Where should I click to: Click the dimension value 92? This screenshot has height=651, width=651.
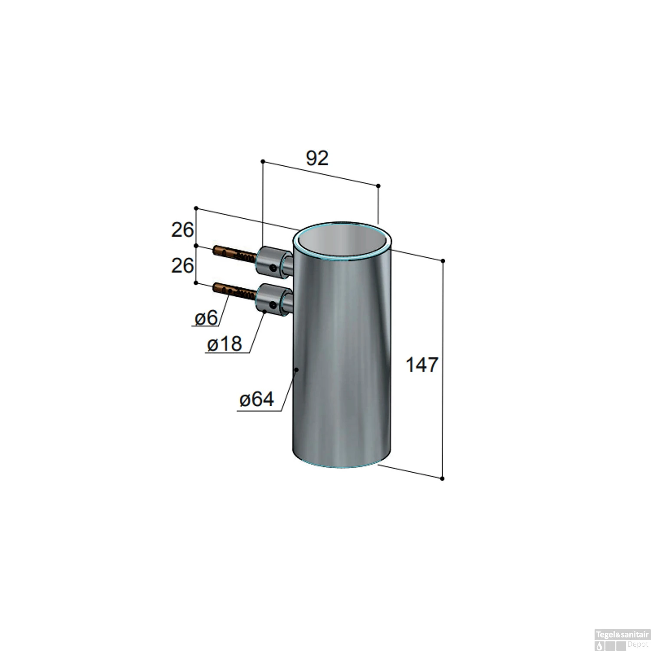point(317,158)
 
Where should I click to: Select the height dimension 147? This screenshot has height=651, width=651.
point(422,365)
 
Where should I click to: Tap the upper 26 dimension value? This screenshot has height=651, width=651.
point(182,230)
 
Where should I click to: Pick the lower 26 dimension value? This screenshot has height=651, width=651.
point(182,265)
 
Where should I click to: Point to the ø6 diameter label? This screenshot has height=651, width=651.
point(206,318)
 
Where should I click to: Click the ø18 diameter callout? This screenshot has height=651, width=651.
point(224,344)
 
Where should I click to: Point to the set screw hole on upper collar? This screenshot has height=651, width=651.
point(273,268)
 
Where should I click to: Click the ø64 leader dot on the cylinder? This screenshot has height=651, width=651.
point(296,370)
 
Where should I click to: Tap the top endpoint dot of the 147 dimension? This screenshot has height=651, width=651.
point(443,261)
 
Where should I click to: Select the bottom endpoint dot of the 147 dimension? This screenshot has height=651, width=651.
point(442,478)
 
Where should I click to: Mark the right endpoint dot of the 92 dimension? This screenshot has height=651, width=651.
point(378,186)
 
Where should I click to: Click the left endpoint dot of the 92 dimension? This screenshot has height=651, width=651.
point(263,161)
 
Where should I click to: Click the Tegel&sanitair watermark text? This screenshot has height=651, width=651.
point(622,635)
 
